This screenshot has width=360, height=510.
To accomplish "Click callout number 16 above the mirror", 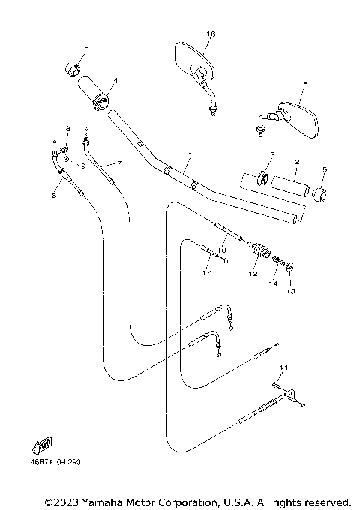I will coord(211,34).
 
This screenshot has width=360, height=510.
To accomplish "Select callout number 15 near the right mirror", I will coord(303,84).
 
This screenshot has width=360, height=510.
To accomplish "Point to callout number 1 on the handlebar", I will coord(190,155).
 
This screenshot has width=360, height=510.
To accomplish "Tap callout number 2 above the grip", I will coord(296,162).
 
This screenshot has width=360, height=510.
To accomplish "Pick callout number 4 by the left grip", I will coord(115,79).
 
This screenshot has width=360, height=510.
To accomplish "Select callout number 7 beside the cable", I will coord(118,163).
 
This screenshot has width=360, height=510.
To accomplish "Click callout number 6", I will coord(53,195).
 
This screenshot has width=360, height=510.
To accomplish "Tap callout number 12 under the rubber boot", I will coord(253,274).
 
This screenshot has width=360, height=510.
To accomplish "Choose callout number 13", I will coord(291,289).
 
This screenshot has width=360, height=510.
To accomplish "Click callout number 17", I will coord(205,274).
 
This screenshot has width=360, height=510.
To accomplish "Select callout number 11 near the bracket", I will coord(282,367).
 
